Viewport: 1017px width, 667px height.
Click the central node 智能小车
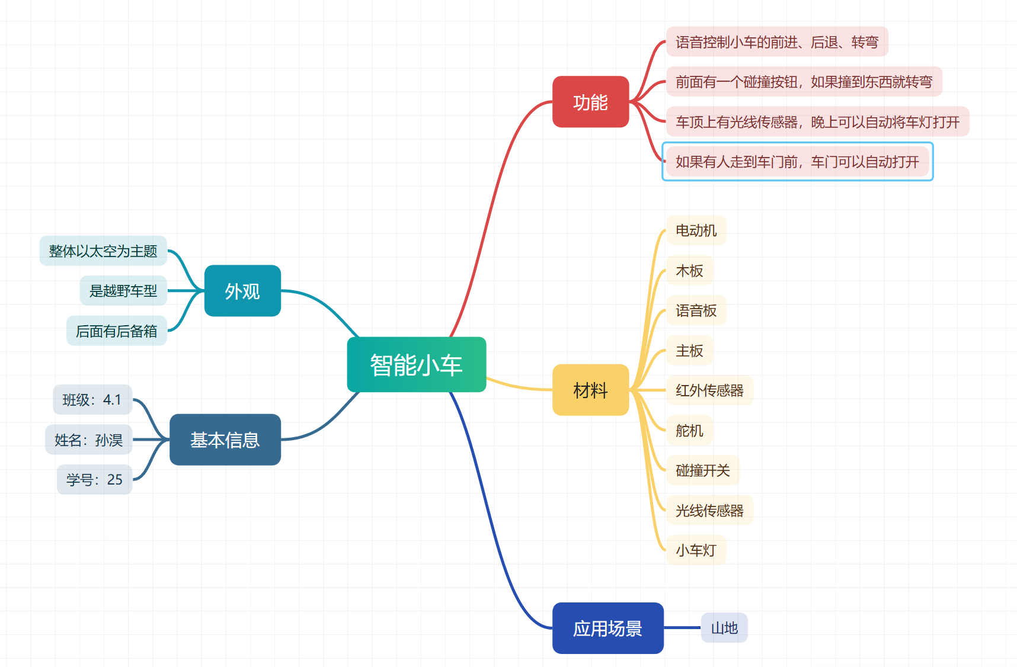pos(416,364)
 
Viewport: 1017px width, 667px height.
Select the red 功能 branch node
pos(590,102)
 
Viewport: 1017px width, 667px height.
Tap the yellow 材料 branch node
pos(590,390)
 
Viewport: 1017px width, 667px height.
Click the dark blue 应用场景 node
pos(607,628)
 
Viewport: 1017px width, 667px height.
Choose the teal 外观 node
pos(242,291)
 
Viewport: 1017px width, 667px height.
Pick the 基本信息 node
pos(225,440)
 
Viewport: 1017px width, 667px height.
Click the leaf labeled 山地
pos(724,628)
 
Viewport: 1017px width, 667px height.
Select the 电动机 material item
pos(696,230)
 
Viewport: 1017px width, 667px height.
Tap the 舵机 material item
pos(689,431)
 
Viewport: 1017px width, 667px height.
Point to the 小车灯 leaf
pos(696,550)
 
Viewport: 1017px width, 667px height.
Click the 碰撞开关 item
pos(702,470)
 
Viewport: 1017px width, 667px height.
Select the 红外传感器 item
pos(709,390)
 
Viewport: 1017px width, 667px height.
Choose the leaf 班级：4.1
pos(92,400)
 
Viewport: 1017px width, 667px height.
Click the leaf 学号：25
pos(94,479)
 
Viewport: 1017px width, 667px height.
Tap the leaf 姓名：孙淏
pos(89,440)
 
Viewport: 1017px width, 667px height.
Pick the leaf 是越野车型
pos(123,291)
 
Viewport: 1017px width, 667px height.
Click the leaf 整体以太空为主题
pos(103,251)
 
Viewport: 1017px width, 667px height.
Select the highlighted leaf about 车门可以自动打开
pos(797,162)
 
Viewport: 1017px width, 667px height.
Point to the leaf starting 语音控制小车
pos(776,42)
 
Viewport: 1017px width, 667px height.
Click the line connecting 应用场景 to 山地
pos(682,628)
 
